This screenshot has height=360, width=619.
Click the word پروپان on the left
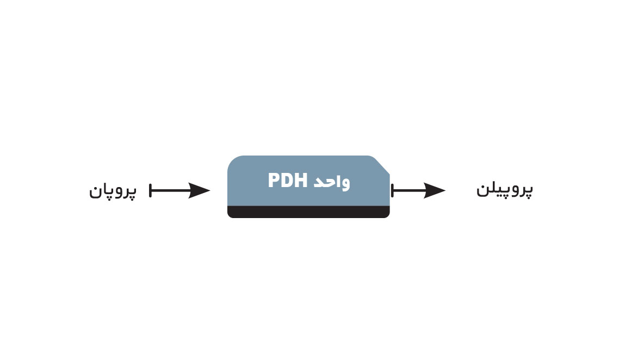113,191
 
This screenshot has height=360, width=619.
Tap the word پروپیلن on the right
505,190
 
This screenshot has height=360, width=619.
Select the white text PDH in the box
288,181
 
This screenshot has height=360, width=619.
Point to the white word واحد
332,182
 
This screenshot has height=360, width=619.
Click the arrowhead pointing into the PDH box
200,190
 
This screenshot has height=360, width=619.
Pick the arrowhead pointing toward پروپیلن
435,190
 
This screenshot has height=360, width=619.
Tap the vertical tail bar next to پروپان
151,190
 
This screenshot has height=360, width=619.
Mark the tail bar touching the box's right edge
392,190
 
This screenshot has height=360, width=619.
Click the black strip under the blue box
308,212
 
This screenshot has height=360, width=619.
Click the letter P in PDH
274,181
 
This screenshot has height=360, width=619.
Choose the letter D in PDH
287,181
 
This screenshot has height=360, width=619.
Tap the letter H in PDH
301,181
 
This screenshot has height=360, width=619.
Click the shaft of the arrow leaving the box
408,190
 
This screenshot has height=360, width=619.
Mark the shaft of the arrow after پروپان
170,190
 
